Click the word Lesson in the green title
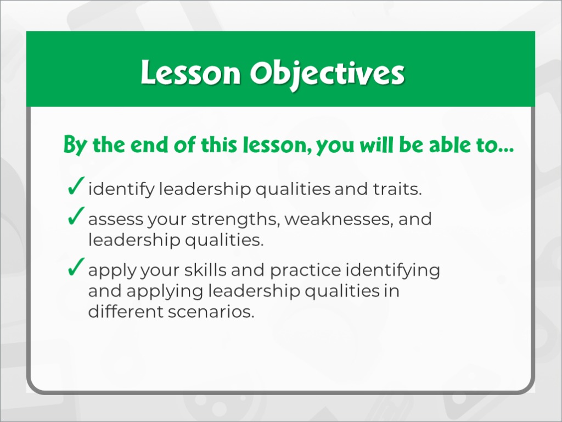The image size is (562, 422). [190, 73]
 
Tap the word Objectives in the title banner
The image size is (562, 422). [327, 74]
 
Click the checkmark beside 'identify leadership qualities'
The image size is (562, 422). [76, 186]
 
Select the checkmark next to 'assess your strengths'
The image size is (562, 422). [76, 215]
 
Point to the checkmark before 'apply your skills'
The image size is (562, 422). [76, 266]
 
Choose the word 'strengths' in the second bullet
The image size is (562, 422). [235, 219]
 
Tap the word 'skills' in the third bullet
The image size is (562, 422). [205, 270]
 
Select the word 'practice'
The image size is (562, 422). [305, 270]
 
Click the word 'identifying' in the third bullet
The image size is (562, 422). [392, 270]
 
